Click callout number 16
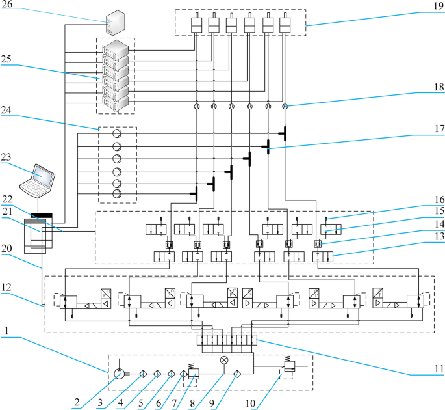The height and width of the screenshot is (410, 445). point(429,199)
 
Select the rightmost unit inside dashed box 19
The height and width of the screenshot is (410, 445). point(284,26)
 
